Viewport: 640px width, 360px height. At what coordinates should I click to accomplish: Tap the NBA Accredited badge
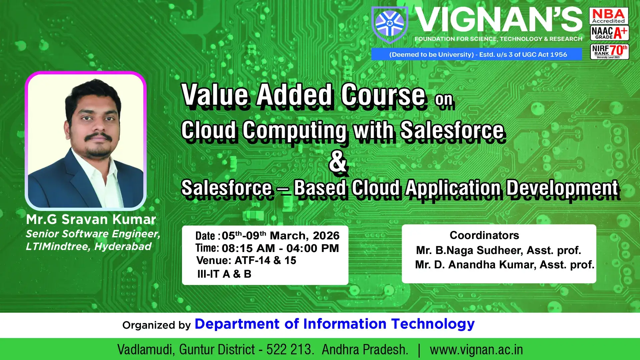click(609, 16)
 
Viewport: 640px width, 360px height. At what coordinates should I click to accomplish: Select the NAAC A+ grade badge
click(609, 33)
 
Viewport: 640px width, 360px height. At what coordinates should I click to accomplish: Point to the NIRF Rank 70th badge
click(609, 51)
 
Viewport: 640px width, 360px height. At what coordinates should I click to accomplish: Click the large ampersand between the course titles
click(338, 161)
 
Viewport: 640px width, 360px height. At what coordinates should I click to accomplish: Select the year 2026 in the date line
click(326, 236)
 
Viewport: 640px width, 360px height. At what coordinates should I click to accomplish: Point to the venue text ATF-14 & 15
click(265, 260)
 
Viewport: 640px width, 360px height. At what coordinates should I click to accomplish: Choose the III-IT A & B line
click(224, 274)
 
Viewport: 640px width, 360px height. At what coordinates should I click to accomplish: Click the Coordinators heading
click(484, 235)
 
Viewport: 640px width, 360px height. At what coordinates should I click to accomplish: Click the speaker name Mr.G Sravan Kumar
click(91, 219)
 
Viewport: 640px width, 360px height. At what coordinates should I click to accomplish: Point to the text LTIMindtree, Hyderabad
click(89, 247)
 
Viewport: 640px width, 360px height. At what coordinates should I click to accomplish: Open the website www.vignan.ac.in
click(476, 349)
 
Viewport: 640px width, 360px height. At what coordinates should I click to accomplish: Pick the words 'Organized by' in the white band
click(156, 325)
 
